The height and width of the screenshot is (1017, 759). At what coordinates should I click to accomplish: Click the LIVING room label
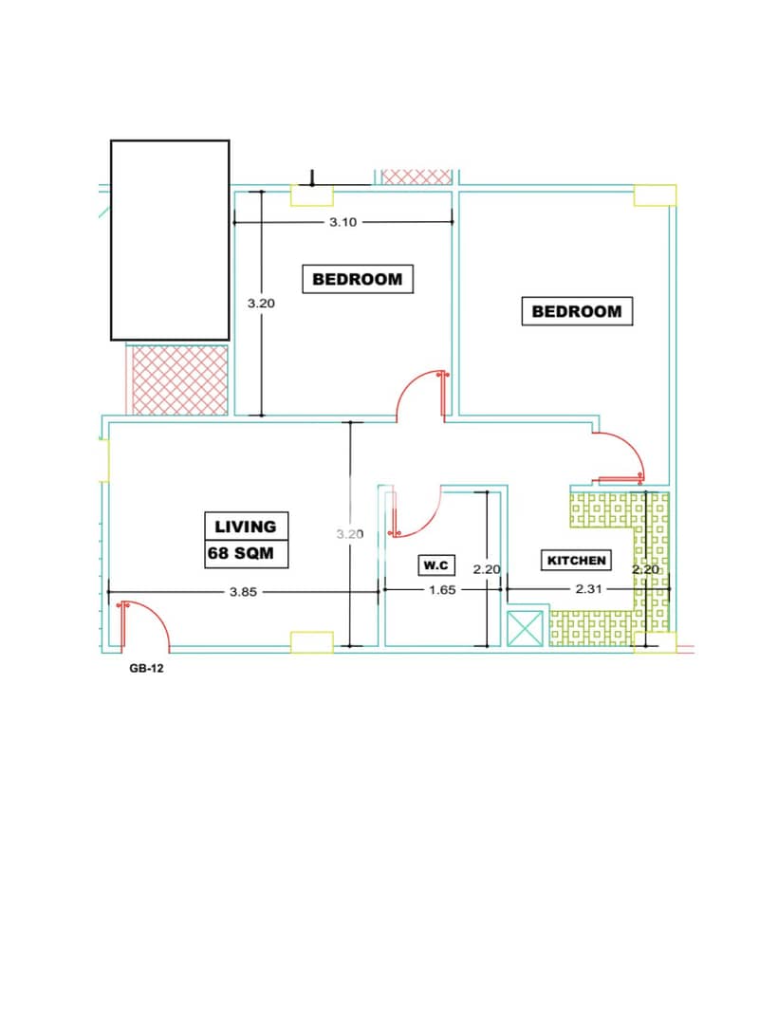tap(246, 526)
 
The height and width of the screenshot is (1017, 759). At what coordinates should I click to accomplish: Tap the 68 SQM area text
tap(241, 553)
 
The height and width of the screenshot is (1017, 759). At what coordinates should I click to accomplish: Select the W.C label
tap(435, 564)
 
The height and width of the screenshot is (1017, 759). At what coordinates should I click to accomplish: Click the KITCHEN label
tap(576, 560)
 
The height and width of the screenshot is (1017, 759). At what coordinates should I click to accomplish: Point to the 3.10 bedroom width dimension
tap(342, 222)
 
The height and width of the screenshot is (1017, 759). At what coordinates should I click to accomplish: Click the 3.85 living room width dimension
tap(243, 592)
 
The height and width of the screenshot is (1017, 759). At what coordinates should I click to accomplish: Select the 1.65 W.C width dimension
tap(442, 589)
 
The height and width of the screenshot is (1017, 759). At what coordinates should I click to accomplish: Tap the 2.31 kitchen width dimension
tap(589, 589)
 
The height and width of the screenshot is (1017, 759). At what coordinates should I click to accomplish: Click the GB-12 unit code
tap(147, 668)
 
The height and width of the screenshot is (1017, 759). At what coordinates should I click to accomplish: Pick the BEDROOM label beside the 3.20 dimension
tap(358, 279)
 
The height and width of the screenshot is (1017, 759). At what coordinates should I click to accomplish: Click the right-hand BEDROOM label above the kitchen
tap(577, 311)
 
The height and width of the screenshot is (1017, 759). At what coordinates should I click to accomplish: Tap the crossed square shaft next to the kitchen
tap(524, 628)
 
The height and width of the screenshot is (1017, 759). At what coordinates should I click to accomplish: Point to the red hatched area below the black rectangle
tap(179, 380)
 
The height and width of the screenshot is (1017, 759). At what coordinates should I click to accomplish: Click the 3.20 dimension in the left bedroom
tap(261, 303)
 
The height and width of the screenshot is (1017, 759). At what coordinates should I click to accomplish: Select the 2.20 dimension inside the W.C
tap(487, 569)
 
